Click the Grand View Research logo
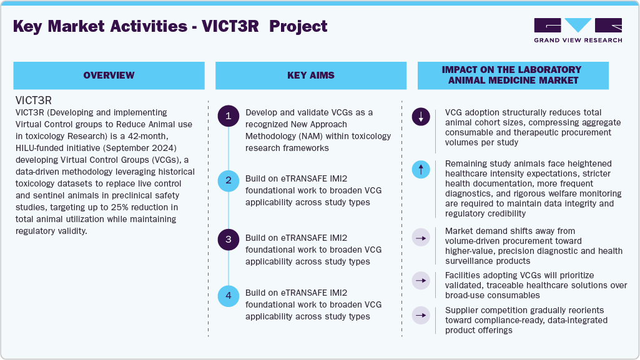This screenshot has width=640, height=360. tap(578, 29)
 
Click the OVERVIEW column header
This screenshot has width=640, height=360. tap(109, 75)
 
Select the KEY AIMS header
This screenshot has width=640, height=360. tap(311, 75)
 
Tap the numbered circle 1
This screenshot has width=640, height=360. tap(229, 116)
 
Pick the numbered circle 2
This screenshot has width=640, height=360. tap(229, 180)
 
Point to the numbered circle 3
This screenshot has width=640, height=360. tap(229, 239)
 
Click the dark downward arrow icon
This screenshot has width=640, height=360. tap(421, 117)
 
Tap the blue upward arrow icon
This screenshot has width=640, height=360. tap(421, 168)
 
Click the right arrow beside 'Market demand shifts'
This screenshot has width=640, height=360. tap(421, 238)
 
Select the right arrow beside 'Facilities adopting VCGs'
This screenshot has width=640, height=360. tap(421, 281)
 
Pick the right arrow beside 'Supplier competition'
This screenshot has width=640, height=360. tap(421, 314)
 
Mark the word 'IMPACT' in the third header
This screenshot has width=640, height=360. tap(463, 70)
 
